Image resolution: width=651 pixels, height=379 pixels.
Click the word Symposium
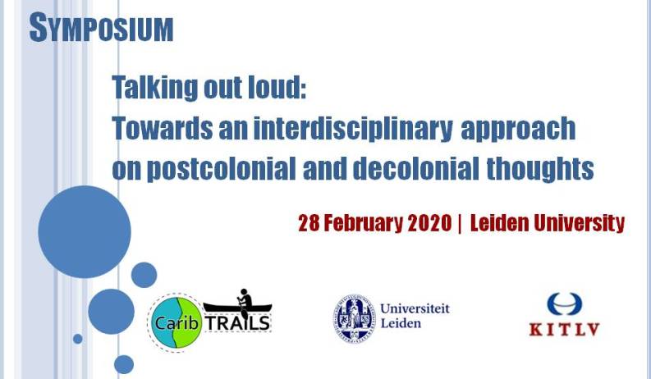click(x=101, y=28)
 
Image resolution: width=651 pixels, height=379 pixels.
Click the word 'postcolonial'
click(x=222, y=169)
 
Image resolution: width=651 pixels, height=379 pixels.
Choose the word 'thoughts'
click(x=539, y=168)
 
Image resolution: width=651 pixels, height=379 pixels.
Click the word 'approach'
click(x=518, y=129)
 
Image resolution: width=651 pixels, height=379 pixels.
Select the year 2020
click(x=429, y=223)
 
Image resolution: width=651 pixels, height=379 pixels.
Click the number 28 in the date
click(x=309, y=223)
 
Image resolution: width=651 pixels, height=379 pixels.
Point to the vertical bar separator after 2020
click(x=460, y=223)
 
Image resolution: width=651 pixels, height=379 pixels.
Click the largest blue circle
click(x=85, y=232)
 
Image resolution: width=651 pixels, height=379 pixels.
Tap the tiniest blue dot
click(x=78, y=339)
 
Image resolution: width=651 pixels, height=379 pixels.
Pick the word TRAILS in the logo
click(x=238, y=323)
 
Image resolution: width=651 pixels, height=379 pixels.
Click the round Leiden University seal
click(x=354, y=317)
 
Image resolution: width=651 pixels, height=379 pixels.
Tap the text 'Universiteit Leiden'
click(x=415, y=316)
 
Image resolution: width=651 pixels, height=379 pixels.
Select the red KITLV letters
click(x=564, y=329)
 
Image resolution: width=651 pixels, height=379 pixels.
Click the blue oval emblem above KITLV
click(x=564, y=304)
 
